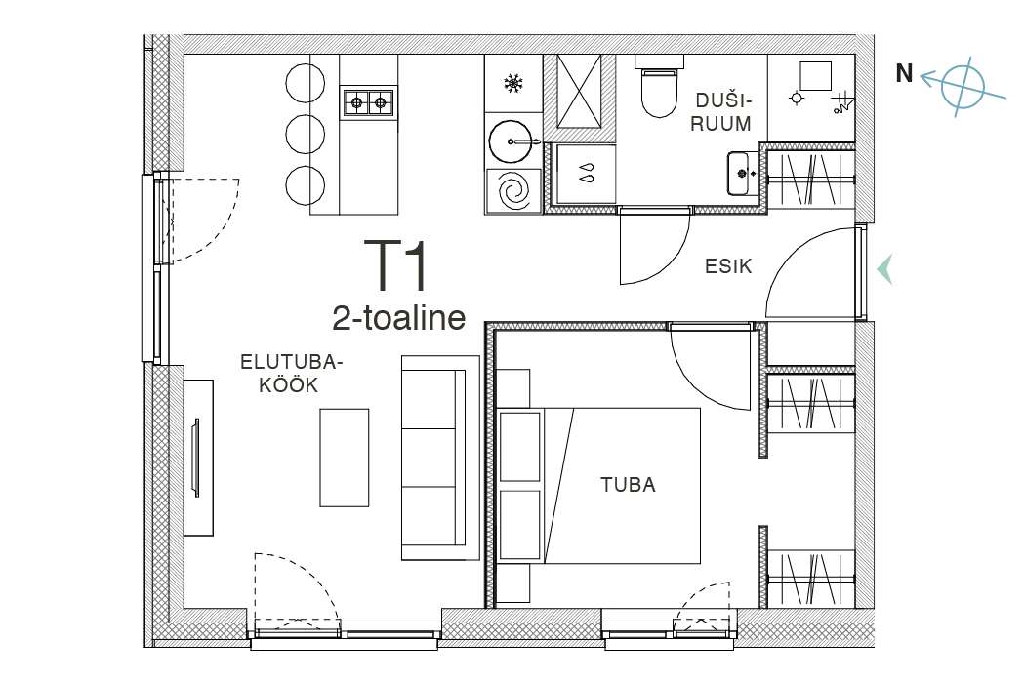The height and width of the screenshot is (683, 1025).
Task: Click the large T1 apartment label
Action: [x=396, y=265]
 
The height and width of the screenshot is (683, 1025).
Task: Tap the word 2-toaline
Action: [x=398, y=318]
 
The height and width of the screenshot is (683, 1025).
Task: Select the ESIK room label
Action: [x=728, y=266]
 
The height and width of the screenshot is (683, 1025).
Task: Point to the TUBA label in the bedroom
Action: [x=628, y=485]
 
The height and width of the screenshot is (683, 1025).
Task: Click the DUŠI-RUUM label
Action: [x=721, y=112]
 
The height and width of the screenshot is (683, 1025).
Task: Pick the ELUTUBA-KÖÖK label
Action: [x=290, y=373]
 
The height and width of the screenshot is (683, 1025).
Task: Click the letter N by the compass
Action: [x=904, y=73]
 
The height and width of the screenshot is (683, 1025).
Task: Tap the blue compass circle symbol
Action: [x=963, y=87]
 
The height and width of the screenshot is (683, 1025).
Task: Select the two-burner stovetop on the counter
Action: [x=368, y=102]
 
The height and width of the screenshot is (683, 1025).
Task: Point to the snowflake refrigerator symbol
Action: [x=513, y=84]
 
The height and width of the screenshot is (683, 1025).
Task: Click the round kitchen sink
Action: [x=512, y=141]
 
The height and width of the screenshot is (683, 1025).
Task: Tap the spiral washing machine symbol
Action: [x=513, y=191]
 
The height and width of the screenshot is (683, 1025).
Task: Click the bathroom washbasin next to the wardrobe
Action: [x=742, y=174]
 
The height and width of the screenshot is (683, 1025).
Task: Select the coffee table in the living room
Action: [x=344, y=458]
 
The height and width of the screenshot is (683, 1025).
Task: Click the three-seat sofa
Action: [x=440, y=458]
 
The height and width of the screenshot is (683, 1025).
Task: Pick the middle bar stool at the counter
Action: [x=306, y=134]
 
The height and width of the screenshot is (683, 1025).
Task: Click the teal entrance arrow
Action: [x=884, y=269]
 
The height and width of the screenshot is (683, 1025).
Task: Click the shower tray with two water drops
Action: [x=585, y=174]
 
